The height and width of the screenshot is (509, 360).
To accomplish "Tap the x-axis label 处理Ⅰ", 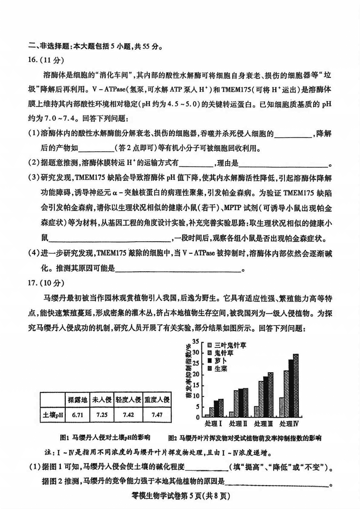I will point(214,424).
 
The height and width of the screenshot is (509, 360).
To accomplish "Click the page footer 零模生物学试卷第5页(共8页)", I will point(180,497).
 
